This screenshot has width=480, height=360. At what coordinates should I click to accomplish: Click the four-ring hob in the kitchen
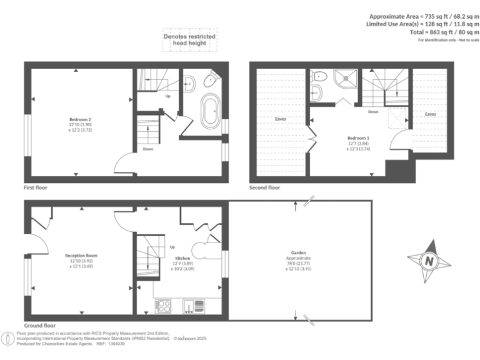tap(164, 306)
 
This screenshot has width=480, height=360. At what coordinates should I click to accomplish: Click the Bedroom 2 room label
tap(81, 119)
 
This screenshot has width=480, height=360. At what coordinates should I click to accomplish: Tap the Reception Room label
tap(81, 256)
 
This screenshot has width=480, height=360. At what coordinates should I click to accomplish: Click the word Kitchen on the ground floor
tap(182, 257)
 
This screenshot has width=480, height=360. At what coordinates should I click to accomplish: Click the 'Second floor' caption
tap(264, 187)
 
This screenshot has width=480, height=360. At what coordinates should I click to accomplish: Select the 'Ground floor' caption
tap(39, 326)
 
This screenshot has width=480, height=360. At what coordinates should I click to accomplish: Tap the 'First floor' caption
tap(36, 187)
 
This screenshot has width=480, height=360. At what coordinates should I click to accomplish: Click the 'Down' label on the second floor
tap(372, 112)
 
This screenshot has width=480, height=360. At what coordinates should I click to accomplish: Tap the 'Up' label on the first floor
tap(167, 96)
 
